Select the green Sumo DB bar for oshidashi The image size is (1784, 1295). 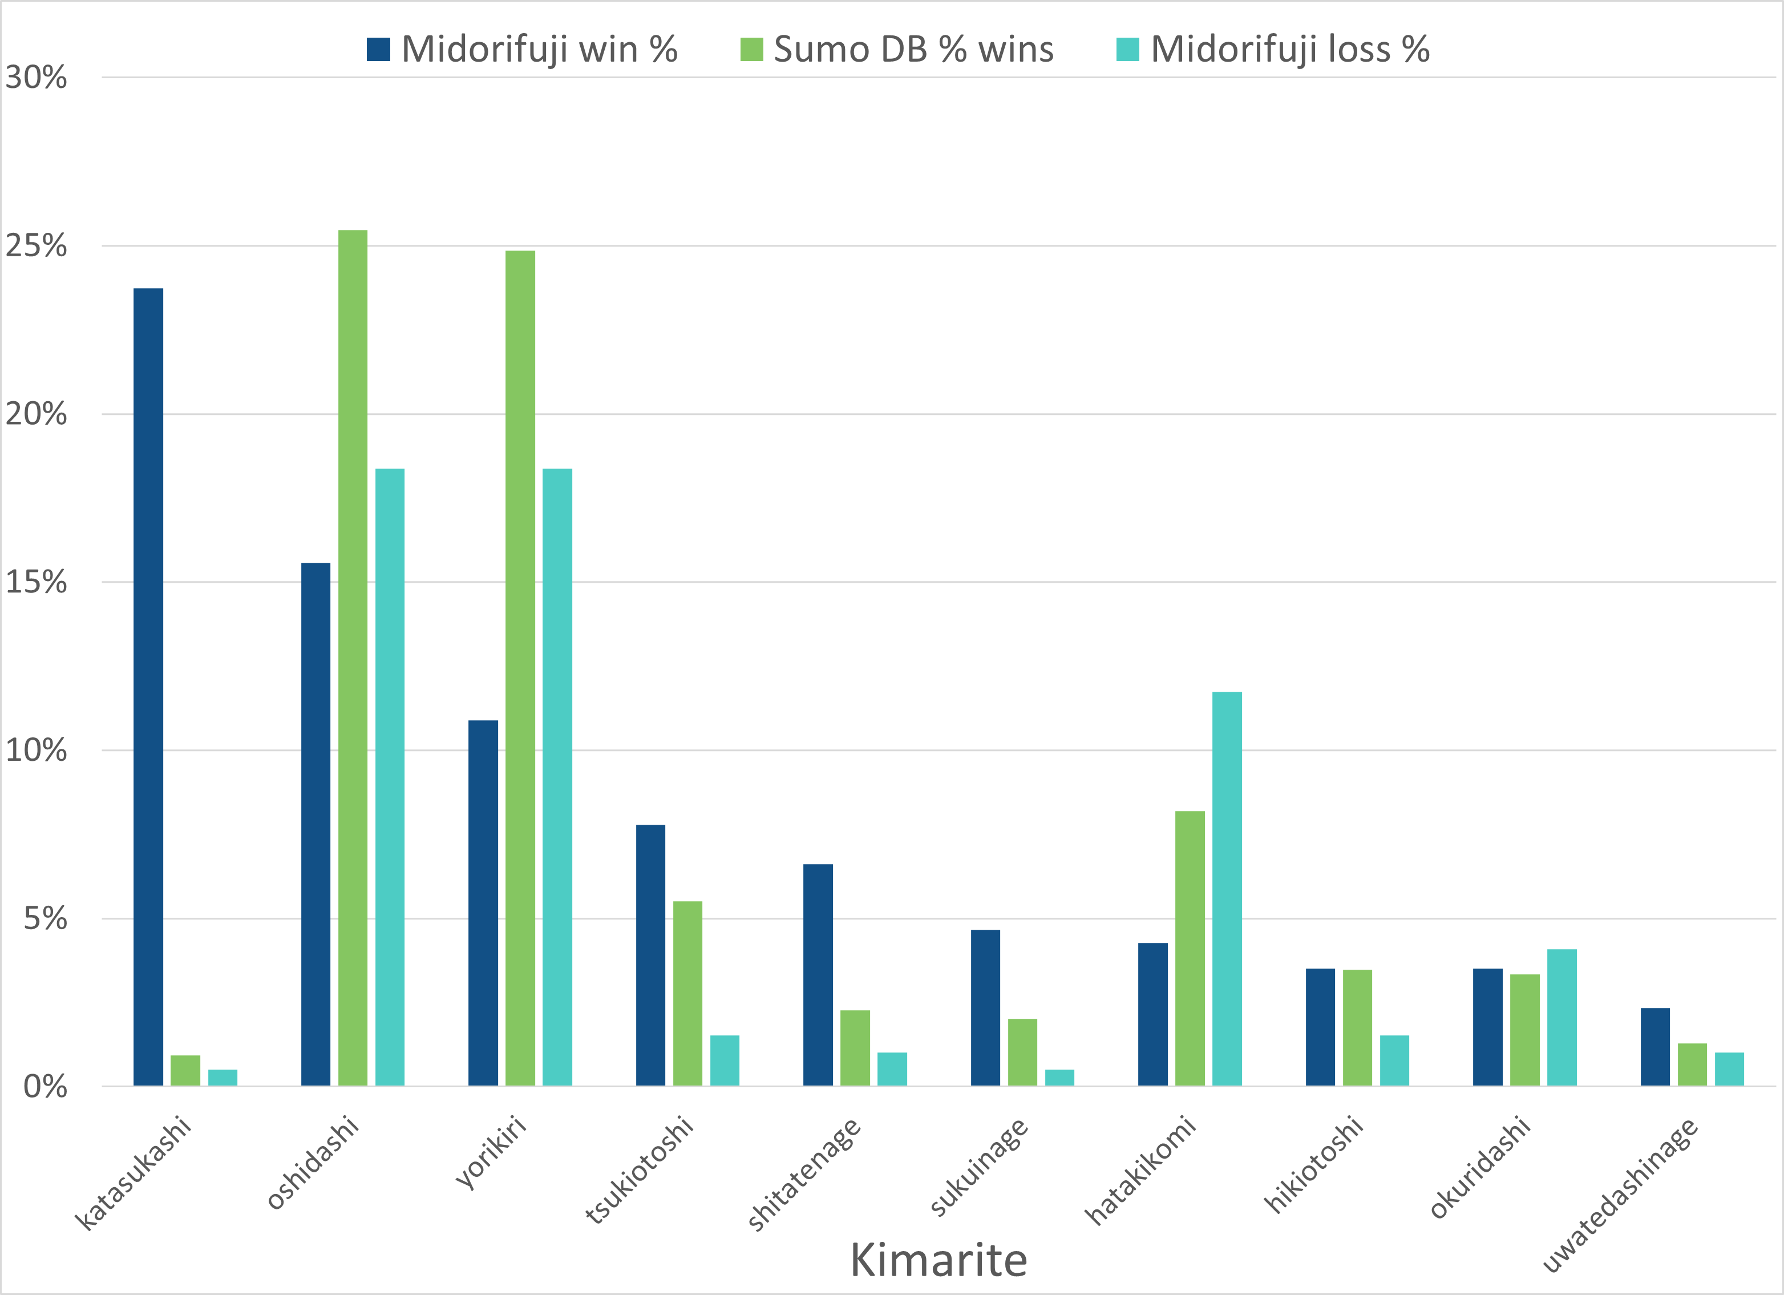[x=353, y=657]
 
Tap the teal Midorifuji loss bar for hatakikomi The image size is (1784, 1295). [x=1227, y=889]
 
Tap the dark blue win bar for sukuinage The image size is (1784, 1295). [x=986, y=1008]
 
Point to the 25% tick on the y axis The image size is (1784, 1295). [x=36, y=246]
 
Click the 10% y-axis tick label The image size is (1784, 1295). [x=36, y=751]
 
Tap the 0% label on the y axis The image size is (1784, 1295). [x=45, y=1087]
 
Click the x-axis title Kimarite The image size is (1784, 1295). [x=938, y=1260]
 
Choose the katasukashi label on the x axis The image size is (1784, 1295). [x=133, y=1172]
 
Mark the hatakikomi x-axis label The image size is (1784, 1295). [x=1140, y=1170]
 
